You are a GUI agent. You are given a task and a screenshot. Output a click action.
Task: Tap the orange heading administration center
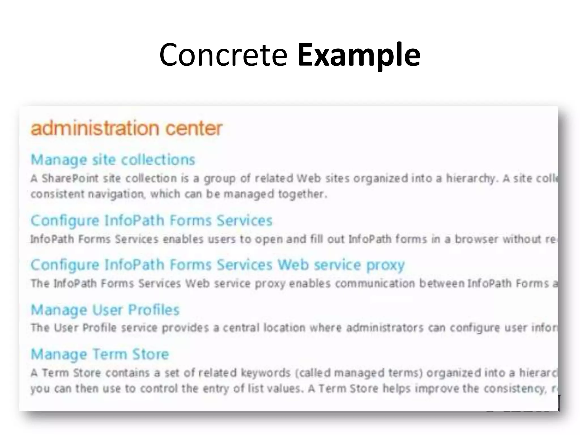click(x=126, y=128)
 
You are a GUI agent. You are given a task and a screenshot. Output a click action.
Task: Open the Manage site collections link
click(x=113, y=160)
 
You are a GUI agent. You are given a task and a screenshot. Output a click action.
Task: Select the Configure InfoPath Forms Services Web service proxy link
click(x=217, y=265)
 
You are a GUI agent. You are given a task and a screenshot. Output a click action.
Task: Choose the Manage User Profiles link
click(x=105, y=310)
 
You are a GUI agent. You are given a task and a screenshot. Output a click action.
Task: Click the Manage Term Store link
click(x=100, y=354)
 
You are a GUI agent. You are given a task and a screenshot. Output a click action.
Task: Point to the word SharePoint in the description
click(x=70, y=179)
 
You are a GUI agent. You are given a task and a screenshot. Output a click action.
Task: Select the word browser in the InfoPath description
click(x=476, y=239)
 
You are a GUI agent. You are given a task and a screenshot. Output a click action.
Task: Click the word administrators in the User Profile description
click(x=385, y=328)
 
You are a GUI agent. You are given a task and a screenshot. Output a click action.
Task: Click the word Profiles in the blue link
click(x=153, y=310)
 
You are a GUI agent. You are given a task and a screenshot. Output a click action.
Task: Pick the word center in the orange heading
click(x=194, y=128)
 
